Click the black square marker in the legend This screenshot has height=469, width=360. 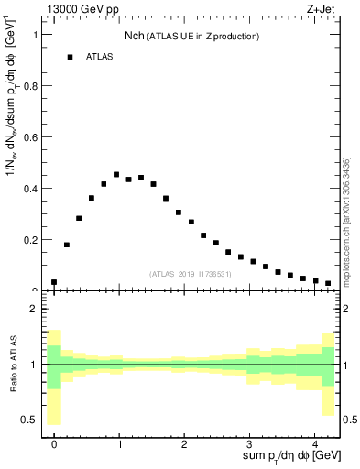70,57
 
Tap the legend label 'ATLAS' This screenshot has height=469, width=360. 100,57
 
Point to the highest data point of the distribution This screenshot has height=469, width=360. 116,174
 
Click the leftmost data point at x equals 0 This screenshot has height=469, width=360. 54,282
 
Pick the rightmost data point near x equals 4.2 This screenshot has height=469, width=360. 328,283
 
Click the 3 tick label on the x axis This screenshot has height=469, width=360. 250,445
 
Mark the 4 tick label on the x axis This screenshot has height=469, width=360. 315,445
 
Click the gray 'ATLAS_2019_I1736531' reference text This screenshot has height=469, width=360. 190,274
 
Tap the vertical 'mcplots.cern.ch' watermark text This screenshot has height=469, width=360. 346,229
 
